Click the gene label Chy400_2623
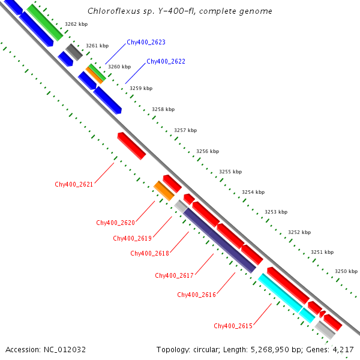click(x=146, y=43)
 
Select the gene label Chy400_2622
click(x=166, y=61)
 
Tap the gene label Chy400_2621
click(x=74, y=184)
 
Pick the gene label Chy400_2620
click(x=115, y=223)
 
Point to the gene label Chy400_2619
click(x=132, y=238)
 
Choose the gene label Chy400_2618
click(x=149, y=253)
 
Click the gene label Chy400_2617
click(x=174, y=275)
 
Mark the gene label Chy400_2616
click(x=197, y=295)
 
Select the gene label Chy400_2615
click(x=233, y=326)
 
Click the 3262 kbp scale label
click(x=76, y=24)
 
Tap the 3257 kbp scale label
click(x=185, y=130)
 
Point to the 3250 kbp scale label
click(x=346, y=271)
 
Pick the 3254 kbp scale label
click(x=253, y=193)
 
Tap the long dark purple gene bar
click(x=220, y=240)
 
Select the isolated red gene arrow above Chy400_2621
click(x=131, y=146)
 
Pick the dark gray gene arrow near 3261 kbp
click(x=74, y=52)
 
